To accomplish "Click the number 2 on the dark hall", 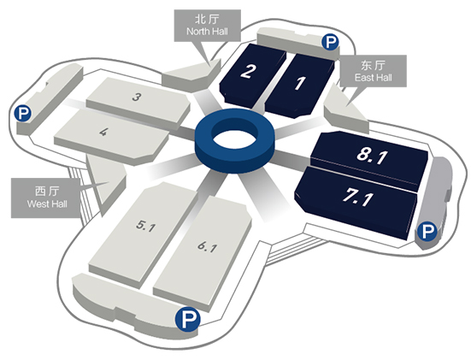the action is click(x=249, y=71).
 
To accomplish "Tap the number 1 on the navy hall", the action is click(x=299, y=83).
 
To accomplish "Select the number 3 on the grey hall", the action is click(x=137, y=97).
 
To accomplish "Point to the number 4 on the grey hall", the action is click(x=103, y=132).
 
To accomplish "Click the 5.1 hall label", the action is click(x=145, y=226).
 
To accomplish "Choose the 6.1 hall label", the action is click(x=207, y=247).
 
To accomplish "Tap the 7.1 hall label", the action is click(x=358, y=198).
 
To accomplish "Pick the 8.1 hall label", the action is click(x=372, y=155).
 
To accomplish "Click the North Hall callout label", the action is click(x=207, y=32).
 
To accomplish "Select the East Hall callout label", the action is click(x=374, y=78).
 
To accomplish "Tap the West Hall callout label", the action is click(x=47, y=204).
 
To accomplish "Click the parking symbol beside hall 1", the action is click(x=331, y=42).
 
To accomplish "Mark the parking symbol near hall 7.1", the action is click(x=427, y=232).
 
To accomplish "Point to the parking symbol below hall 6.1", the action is click(x=188, y=319).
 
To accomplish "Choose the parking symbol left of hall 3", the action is click(x=23, y=113).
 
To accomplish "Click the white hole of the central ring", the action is click(x=234, y=139).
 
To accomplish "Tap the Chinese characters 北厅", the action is click(x=207, y=19).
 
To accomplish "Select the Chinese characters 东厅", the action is click(x=374, y=65).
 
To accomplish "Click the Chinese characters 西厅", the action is click(x=47, y=192).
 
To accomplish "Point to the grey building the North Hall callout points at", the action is click(x=192, y=75).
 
